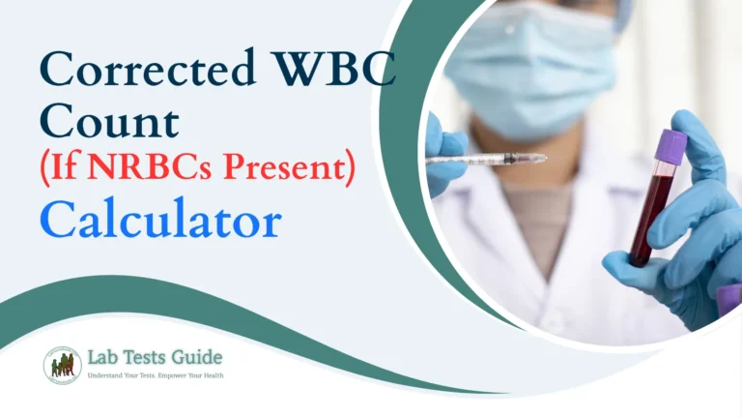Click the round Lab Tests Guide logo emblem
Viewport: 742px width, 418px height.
click(x=62, y=365)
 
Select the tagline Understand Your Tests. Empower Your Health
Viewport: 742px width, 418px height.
click(x=156, y=375)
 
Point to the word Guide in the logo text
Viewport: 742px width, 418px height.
click(x=202, y=357)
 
